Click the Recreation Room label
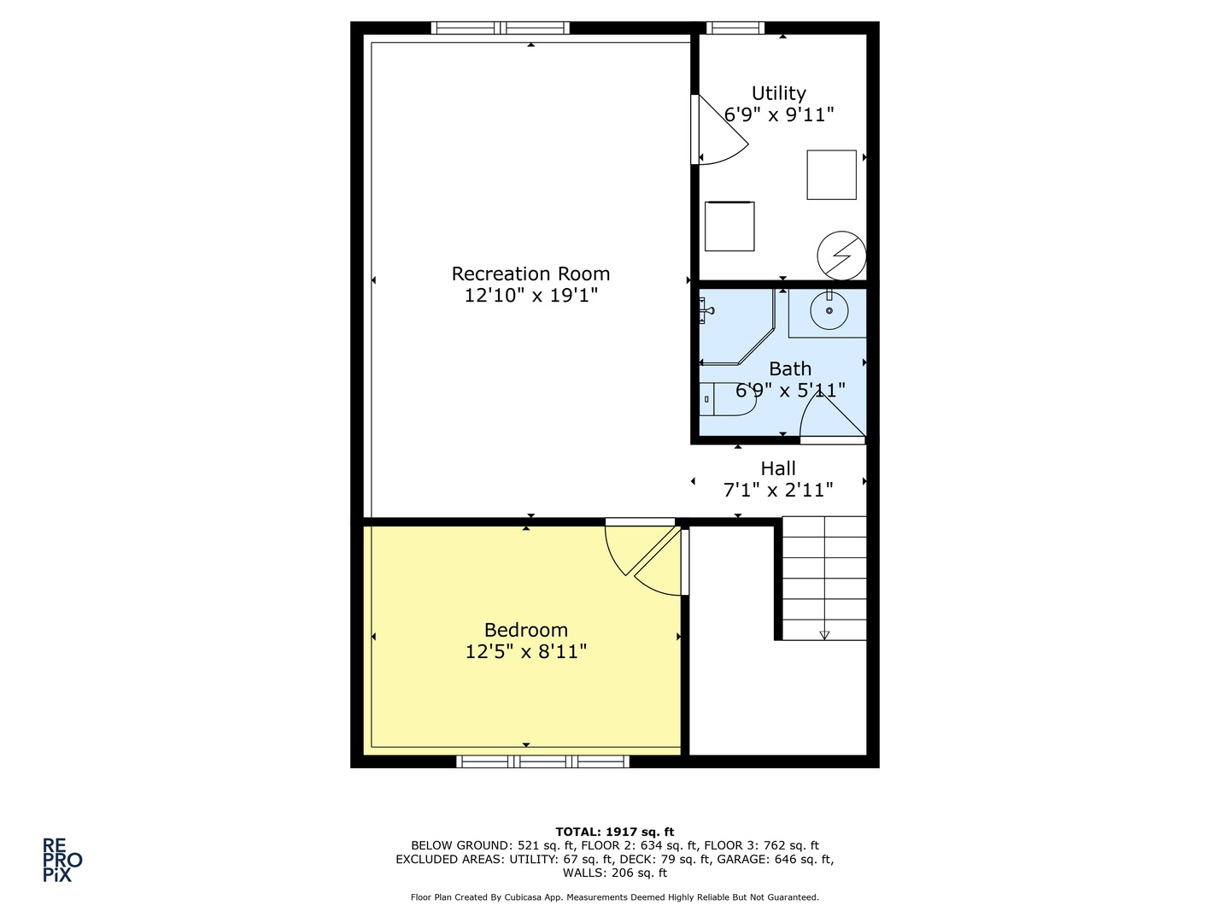click(530, 273)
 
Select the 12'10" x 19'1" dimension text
click(530, 296)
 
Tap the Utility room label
click(778, 93)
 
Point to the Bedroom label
click(525, 630)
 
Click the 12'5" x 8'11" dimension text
click(525, 652)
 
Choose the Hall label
click(778, 468)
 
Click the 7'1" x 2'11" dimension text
click(778, 490)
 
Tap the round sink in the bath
click(829, 311)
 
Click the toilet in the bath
click(725, 399)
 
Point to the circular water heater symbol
click(841, 255)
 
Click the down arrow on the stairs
click(824, 634)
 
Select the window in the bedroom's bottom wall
click(543, 761)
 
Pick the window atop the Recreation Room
click(501, 28)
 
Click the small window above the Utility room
click(735, 28)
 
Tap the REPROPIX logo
click(62, 860)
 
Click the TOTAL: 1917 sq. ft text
click(614, 832)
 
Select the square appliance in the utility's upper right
click(831, 175)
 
